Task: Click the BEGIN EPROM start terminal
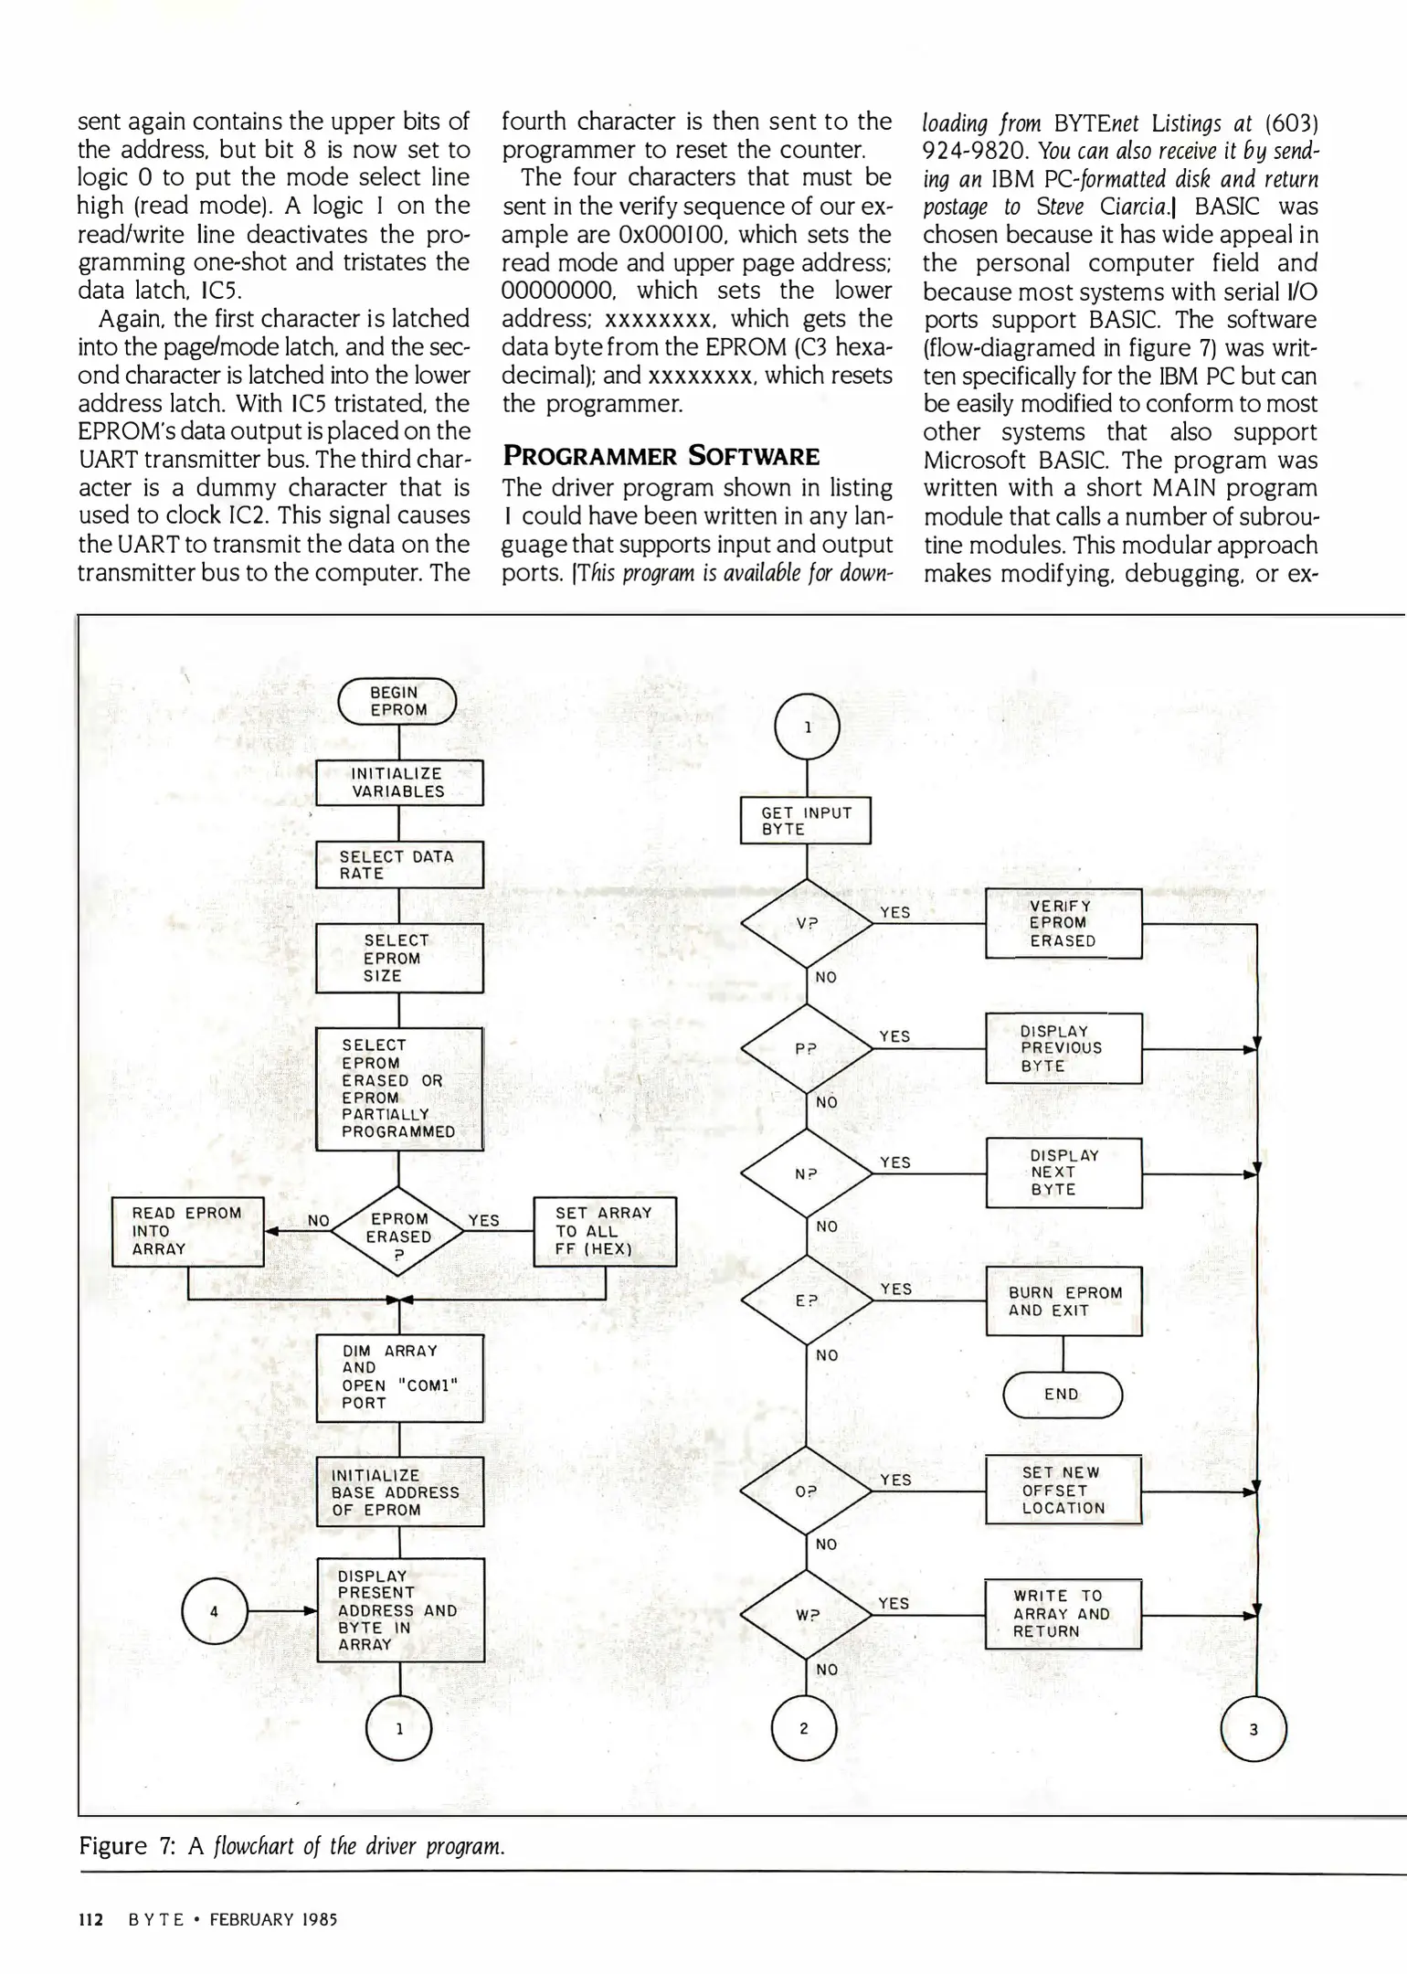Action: click(x=397, y=702)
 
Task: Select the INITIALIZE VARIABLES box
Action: click(x=399, y=783)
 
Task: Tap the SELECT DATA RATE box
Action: click(x=399, y=865)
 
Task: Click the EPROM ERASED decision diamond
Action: click(x=398, y=1230)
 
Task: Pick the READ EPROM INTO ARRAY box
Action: click(x=187, y=1231)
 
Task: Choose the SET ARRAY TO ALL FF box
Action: click(x=605, y=1231)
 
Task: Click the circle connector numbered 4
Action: click(x=214, y=1611)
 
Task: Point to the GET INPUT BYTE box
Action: click(x=805, y=821)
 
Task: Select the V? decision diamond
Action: click(x=806, y=923)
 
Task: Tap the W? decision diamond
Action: click(x=806, y=1615)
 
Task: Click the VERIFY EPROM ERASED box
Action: click(x=1063, y=923)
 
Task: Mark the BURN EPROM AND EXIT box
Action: click(x=1063, y=1301)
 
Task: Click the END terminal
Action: click(x=1062, y=1395)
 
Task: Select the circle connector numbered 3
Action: click(x=1254, y=1728)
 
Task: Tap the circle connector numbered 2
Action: click(x=804, y=1728)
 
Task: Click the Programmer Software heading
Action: click(x=661, y=455)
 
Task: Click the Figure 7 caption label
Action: click(x=127, y=1845)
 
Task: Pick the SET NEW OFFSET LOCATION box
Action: click(x=1063, y=1490)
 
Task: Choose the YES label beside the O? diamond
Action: click(x=895, y=1480)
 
